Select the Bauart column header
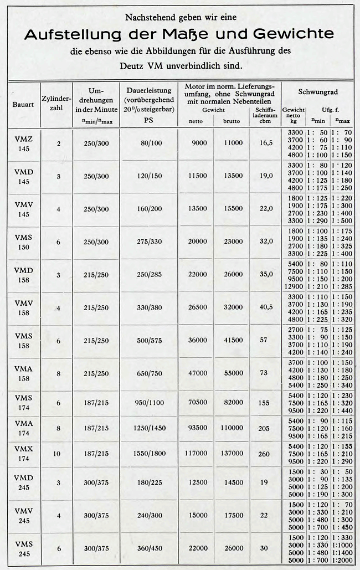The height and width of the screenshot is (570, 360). (22, 104)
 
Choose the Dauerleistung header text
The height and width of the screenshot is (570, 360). (148, 89)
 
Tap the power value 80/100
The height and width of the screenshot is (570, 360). (148, 143)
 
